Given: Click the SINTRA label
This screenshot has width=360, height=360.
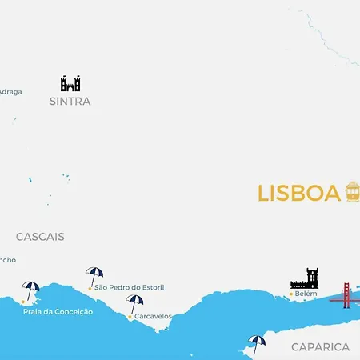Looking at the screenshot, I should [70, 102].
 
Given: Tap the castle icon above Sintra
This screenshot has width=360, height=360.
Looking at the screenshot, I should [70, 83].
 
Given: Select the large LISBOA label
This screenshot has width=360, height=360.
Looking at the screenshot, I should [299, 194].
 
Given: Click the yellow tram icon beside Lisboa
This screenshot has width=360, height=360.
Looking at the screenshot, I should [353, 191].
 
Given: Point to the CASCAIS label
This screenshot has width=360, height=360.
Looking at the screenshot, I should [40, 237].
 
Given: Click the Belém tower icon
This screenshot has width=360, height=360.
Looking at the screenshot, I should [305, 278].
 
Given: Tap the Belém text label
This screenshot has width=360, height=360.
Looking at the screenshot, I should [306, 294].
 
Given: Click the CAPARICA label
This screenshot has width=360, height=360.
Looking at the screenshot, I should [320, 346].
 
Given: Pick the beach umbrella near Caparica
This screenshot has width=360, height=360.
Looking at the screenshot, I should [256, 342].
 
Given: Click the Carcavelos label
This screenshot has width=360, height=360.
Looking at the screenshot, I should [153, 316].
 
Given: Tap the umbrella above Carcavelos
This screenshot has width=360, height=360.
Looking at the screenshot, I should [134, 303].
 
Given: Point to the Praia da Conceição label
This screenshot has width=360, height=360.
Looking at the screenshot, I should [58, 311].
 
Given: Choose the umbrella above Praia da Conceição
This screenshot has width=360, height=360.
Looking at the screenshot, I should [31, 290].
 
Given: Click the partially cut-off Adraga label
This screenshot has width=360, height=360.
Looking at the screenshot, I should [10, 92].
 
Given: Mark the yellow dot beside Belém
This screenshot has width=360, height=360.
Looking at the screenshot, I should [291, 294].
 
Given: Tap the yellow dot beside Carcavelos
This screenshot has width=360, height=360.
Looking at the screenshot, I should [130, 317].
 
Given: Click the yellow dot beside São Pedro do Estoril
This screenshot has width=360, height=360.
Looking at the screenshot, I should [90, 287].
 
